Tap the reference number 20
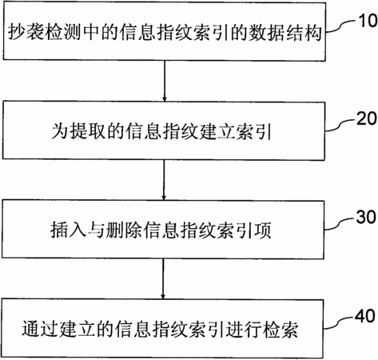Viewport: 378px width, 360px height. [367, 118]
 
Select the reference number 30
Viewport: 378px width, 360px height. [366, 217]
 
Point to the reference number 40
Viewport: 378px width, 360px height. [365, 316]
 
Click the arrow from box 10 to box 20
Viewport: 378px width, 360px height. [165, 81]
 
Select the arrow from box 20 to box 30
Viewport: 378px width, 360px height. [164, 180]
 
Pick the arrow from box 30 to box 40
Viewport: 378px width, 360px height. [163, 279]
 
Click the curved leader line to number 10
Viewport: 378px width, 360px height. [341, 26]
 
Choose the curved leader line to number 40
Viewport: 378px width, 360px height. [339, 322]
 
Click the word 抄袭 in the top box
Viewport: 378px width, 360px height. [26, 32]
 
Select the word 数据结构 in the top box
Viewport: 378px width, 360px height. [285, 33]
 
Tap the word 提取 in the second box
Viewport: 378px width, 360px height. [87, 131]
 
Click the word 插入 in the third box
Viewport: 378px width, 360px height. [69, 230]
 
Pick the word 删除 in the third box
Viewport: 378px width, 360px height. [124, 230]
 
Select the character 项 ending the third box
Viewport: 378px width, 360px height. [263, 230]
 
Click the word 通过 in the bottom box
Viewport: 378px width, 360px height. [40, 328]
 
